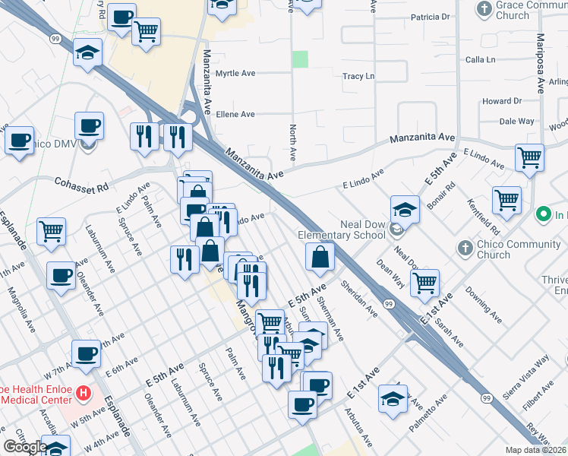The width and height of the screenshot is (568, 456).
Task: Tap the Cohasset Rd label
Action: click(81, 183)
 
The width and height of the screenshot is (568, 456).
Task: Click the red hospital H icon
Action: click(84, 394)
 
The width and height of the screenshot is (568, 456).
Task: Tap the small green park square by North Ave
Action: click(301, 59)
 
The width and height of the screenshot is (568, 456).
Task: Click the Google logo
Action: click(24, 447)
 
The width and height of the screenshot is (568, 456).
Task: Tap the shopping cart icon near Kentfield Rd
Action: click(506, 201)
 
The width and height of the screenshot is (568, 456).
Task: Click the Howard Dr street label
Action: click(502, 101)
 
